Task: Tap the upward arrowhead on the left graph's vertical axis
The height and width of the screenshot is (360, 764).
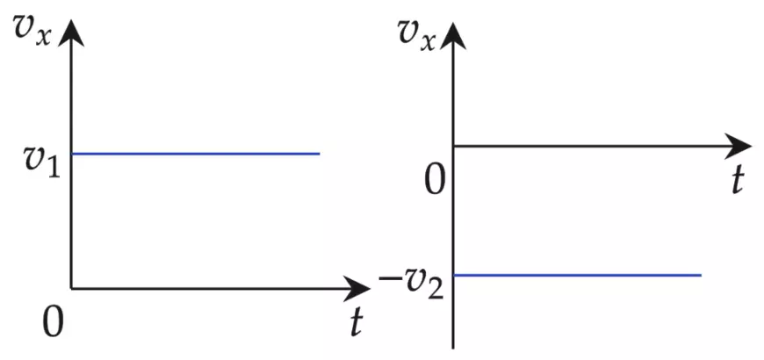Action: pyautogui.click(x=71, y=32)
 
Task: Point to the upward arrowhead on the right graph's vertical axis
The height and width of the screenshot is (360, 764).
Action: pyautogui.click(x=453, y=36)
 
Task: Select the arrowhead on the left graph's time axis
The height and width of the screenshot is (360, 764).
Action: pyautogui.click(x=357, y=288)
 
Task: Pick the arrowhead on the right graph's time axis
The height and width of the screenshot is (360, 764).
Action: pyautogui.click(x=739, y=146)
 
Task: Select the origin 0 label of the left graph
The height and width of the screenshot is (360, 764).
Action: pyautogui.click(x=53, y=323)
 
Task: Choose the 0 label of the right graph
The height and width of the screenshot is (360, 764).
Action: pyautogui.click(x=435, y=181)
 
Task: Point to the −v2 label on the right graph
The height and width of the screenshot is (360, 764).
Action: pyautogui.click(x=412, y=283)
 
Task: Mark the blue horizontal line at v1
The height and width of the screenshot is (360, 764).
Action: pyautogui.click(x=196, y=154)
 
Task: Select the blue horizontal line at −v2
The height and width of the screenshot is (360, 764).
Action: pyautogui.click(x=577, y=275)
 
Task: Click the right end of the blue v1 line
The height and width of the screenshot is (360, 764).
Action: pyautogui.click(x=320, y=154)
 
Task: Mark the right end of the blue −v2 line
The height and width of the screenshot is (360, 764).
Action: pyautogui.click(x=701, y=275)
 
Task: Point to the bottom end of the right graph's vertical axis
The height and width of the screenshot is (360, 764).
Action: pyautogui.click(x=453, y=349)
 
